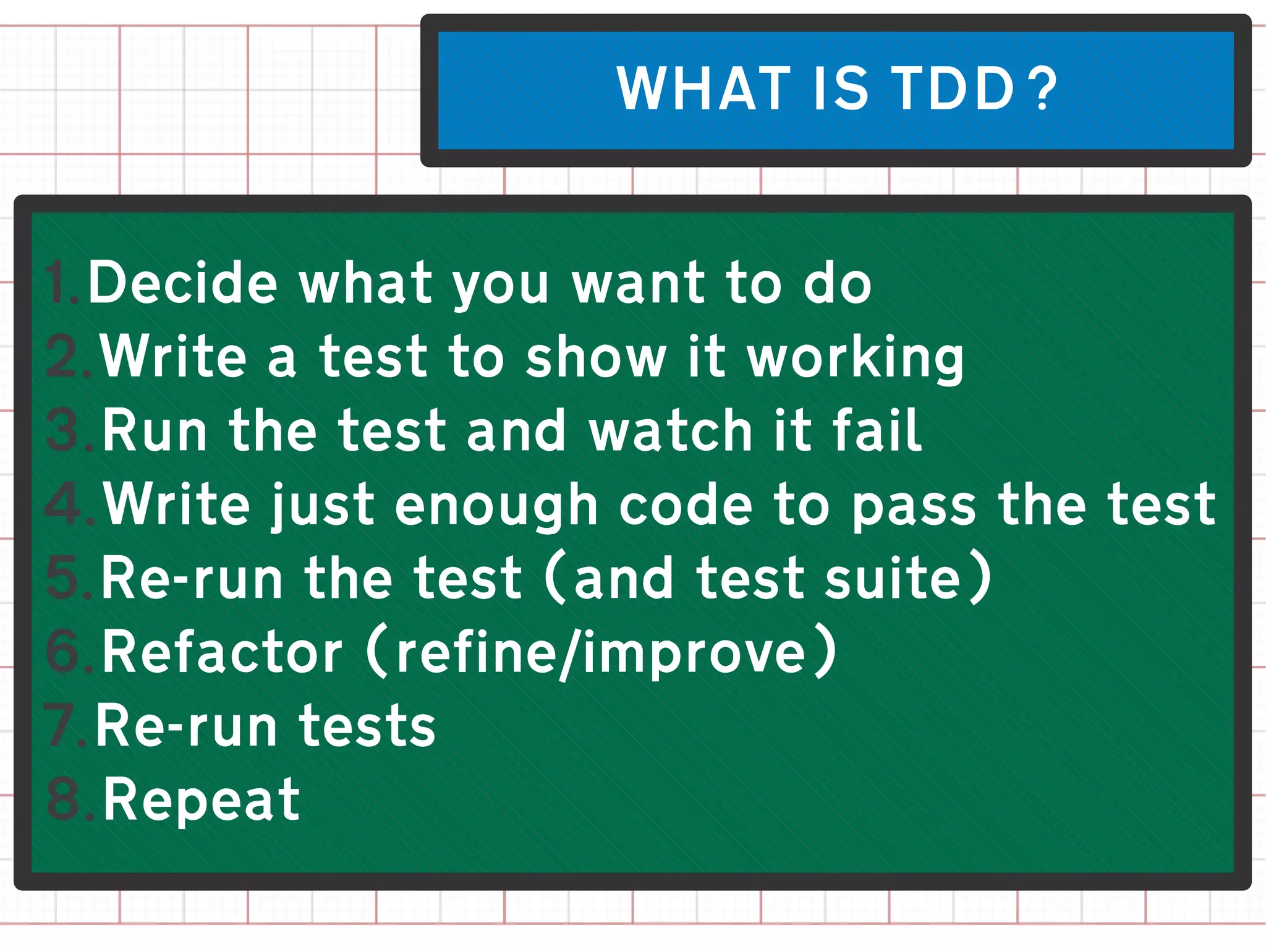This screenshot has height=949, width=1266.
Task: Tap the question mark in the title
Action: [x=1045, y=89]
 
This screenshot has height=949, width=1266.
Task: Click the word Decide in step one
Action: [x=183, y=283]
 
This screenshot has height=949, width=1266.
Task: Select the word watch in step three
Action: [x=670, y=432]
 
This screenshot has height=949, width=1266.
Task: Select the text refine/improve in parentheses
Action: [x=601, y=654]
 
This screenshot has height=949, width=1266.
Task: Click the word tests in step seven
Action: [x=368, y=726]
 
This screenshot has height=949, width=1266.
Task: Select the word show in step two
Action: [x=596, y=357]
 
